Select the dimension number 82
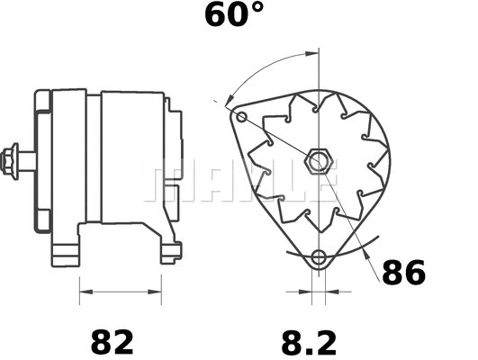pos(113,342)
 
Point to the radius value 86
pos(403,272)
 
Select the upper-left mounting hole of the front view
pos(239,116)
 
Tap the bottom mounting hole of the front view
pos(317,259)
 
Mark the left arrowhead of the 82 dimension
pos(84,292)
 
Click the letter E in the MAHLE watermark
pos(320,179)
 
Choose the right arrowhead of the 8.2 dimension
pos(328,292)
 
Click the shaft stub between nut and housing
pos(29,161)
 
